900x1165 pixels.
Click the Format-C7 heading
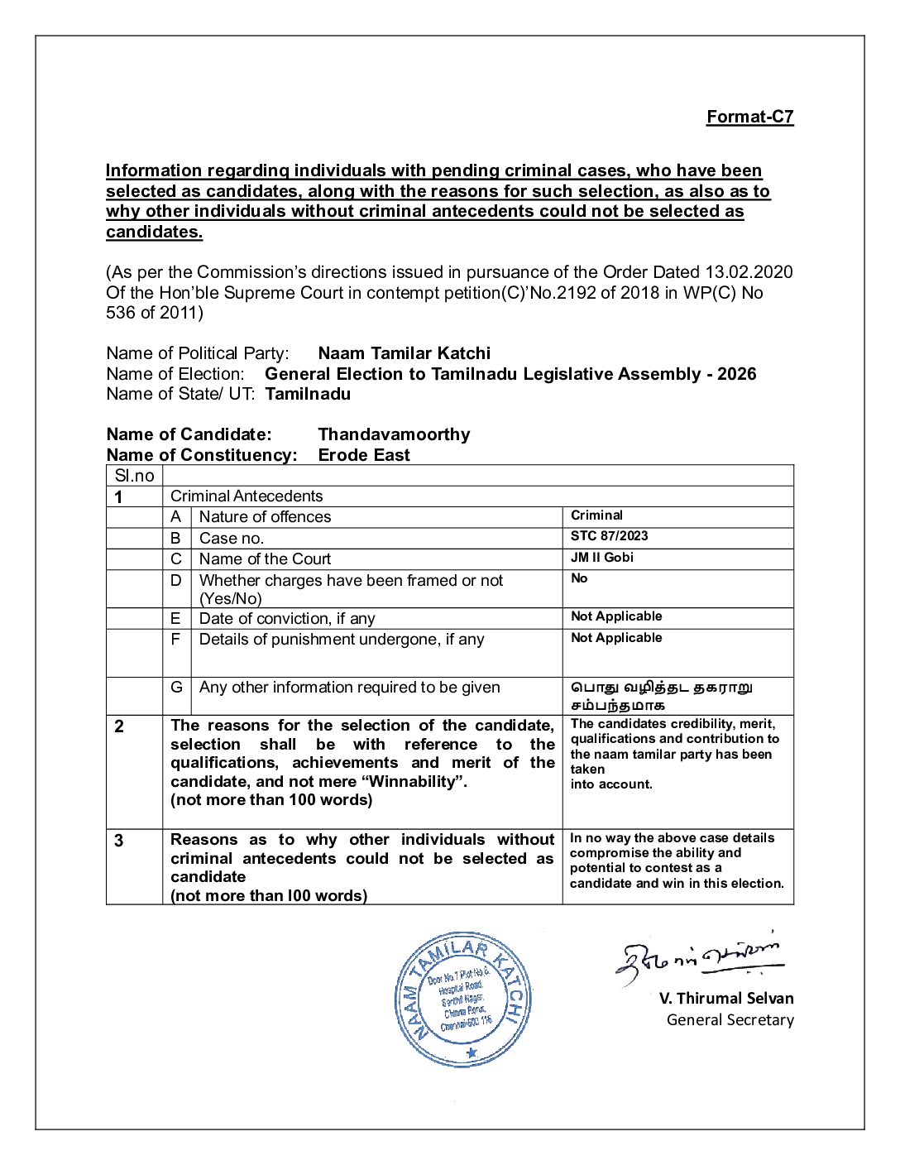tap(749, 117)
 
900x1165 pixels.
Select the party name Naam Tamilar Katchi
tap(404, 353)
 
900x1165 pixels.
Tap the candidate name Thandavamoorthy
tap(394, 434)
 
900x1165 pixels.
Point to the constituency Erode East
tap(364, 455)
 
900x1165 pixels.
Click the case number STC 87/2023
tap(609, 536)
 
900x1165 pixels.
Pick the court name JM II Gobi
tap(601, 558)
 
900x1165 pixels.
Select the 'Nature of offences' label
tap(265, 517)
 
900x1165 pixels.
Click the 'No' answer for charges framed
tap(579, 578)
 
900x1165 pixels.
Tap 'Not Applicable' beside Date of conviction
tap(616, 616)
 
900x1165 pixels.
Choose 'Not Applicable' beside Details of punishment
tap(616, 638)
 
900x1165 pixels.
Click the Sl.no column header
tap(134, 476)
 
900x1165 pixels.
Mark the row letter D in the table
tap(175, 580)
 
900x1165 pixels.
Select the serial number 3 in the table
tap(119, 841)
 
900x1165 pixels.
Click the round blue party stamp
tap(463, 999)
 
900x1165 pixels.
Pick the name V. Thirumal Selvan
tap(725, 999)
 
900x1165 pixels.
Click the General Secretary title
tap(730, 1020)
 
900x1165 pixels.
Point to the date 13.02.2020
tap(748, 272)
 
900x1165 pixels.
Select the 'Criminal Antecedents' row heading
tap(247, 496)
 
